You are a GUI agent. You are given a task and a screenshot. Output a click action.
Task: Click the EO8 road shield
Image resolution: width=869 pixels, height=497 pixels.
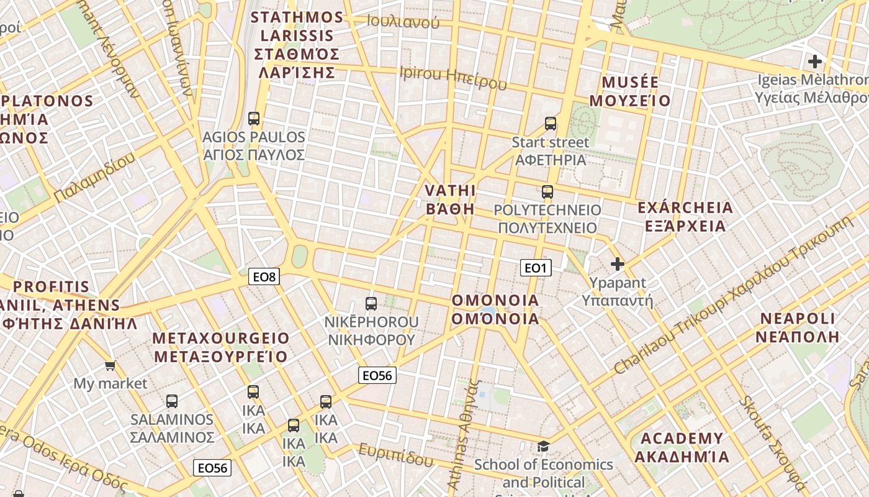pos(264,276)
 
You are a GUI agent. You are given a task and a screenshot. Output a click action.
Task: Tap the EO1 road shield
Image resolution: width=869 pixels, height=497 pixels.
pos(535,268)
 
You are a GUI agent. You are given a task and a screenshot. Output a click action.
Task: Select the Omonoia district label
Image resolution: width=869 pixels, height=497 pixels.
pos(495,309)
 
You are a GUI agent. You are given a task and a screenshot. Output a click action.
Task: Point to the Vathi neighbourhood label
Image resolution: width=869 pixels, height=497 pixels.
pos(451,199)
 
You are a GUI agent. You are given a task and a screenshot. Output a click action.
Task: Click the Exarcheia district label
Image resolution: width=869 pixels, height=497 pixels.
pos(685,216)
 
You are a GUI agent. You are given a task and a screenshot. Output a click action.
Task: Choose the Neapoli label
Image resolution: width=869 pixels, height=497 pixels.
pos(799,328)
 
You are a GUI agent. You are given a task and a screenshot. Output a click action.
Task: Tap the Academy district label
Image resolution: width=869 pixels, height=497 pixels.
pos(682,448)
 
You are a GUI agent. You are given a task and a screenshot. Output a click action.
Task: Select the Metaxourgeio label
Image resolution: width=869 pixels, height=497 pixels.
pos(221,347)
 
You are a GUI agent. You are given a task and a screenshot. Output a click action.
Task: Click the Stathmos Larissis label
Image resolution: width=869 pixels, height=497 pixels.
pos(297,45)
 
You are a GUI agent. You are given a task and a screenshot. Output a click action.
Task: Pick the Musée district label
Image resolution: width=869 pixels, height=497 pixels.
pos(630,91)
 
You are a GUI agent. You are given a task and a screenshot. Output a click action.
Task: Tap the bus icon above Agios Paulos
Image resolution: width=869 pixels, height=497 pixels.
pos(253,118)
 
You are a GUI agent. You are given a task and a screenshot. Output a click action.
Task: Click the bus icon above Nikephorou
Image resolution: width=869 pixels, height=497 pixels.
pos(371,303)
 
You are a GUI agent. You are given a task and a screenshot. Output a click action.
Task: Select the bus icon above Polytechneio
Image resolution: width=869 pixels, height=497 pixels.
pos(547,191)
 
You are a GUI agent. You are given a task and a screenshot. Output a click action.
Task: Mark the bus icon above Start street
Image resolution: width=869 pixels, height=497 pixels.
pos(550,123)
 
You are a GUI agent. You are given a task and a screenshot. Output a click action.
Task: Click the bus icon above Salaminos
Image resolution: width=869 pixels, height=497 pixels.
pos(172,401)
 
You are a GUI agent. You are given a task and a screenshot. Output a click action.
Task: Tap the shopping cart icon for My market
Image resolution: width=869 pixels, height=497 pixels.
pos(110,365)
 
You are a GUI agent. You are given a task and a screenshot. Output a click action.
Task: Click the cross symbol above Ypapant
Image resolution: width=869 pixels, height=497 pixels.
pos(617,265)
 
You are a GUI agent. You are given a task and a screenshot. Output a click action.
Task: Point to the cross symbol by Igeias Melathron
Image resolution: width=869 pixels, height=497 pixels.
pos(814,62)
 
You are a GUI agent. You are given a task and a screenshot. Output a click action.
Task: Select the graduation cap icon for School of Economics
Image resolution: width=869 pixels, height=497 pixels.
pos(543,446)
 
